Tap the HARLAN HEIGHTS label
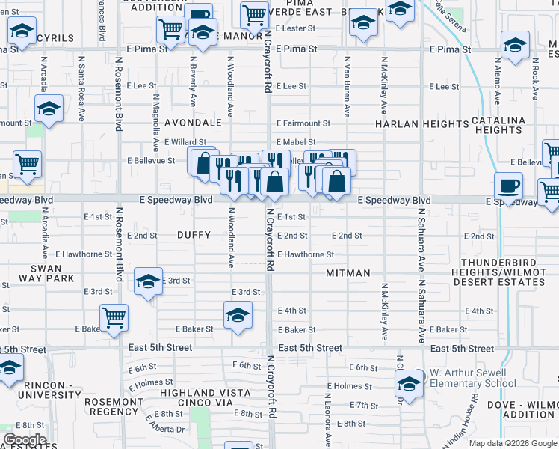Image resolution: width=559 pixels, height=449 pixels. click(x=421, y=123)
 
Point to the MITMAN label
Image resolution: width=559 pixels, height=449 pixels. click(x=348, y=273)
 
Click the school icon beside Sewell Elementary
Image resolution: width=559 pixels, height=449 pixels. click(x=409, y=384)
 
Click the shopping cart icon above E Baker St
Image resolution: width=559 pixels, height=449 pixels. click(x=114, y=317)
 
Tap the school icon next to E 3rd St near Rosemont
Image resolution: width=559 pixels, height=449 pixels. click(x=148, y=282)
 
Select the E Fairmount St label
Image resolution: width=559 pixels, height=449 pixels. click(x=303, y=123)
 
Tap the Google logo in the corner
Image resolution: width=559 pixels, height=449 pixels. click(x=25, y=440)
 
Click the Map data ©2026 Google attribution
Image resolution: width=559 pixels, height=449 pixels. click(x=513, y=443)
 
